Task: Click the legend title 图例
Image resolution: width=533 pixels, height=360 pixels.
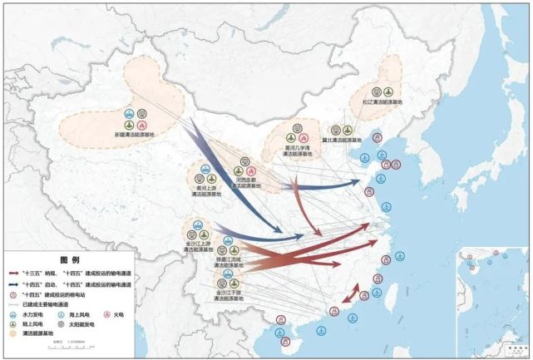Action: (x=68, y=259)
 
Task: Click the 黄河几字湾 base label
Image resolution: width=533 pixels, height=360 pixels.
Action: (x=298, y=150)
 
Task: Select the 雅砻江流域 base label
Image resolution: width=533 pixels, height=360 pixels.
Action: (x=239, y=263)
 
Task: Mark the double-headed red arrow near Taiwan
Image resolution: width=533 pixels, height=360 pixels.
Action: (x=353, y=295)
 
